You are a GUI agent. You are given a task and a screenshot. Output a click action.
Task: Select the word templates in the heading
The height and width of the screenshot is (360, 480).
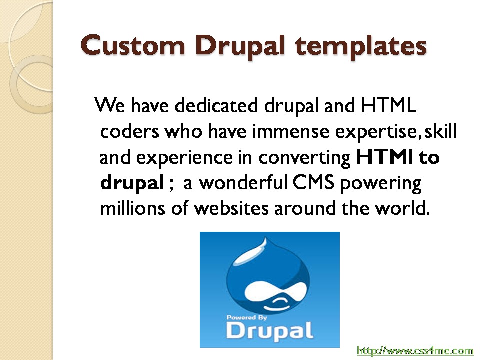coord(361,47)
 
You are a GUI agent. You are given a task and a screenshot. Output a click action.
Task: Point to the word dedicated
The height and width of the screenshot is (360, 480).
coord(216,105)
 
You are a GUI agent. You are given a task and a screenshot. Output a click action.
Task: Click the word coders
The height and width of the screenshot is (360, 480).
coord(130,131)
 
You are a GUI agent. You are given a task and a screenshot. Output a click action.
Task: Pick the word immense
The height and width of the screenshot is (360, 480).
coord(291,132)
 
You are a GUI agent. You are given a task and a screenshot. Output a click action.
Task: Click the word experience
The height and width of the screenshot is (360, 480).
coord(184,158)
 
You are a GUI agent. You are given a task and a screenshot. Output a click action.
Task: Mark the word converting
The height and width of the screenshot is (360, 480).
coord(305,158)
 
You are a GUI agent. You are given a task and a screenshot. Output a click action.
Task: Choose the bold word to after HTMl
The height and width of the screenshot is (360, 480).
coord(429,157)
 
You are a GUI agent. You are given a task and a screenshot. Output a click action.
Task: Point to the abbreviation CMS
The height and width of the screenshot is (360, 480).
coord(314,183)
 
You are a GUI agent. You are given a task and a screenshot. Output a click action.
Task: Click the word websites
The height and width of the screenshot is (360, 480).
coord(231,208)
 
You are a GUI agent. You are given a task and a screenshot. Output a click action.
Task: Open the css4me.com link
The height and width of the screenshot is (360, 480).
coord(415,351)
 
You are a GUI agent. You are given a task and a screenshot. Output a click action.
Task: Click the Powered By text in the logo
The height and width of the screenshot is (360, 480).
coord(246,318)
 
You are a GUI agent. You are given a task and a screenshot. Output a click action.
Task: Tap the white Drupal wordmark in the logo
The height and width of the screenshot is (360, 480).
coord(269,331)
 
